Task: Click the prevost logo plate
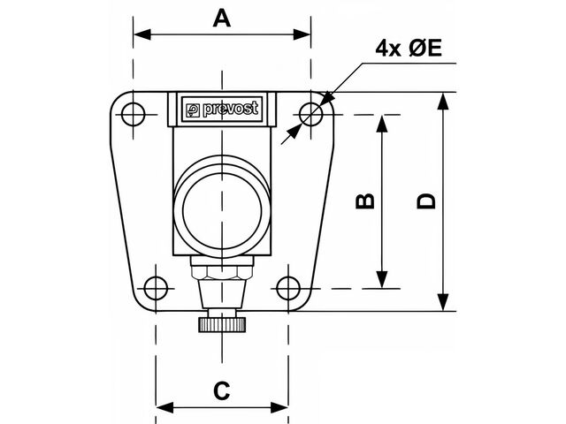pyautogui.click(x=222, y=110)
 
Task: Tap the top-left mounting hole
pyautogui.click(x=133, y=113)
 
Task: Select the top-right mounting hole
pyautogui.click(x=310, y=114)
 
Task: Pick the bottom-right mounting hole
pyautogui.click(x=288, y=287)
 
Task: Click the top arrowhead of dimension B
pyautogui.click(x=381, y=122)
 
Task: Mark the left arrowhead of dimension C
pyautogui.click(x=162, y=407)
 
